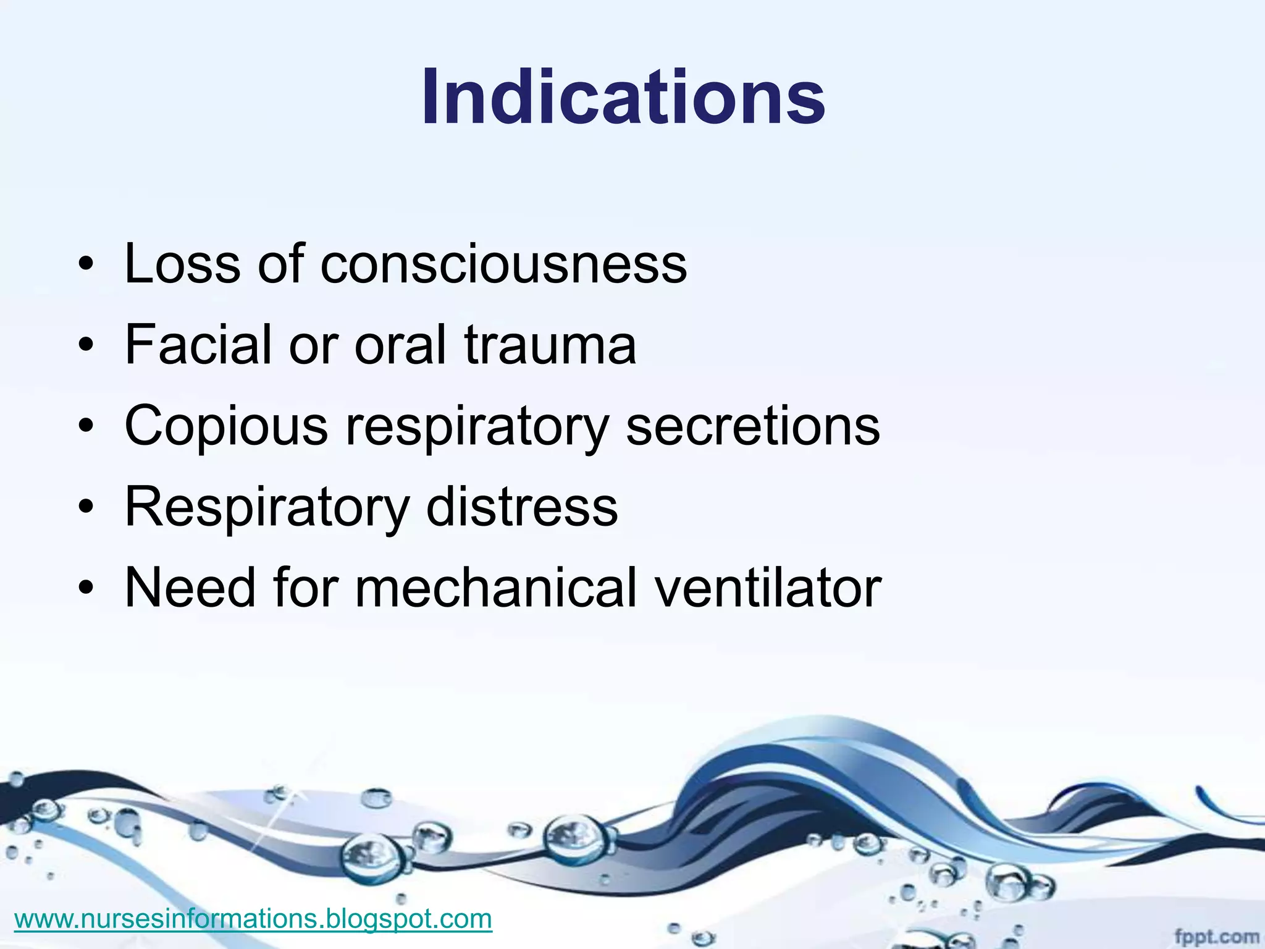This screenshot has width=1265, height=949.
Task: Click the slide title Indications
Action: (x=623, y=98)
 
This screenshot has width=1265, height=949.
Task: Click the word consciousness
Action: (x=503, y=264)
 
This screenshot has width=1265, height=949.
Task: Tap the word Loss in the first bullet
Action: (x=182, y=264)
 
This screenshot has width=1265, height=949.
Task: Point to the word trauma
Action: (x=550, y=345)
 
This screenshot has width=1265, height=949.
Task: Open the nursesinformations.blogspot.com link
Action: (x=253, y=919)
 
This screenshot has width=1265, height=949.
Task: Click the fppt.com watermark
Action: (x=1216, y=937)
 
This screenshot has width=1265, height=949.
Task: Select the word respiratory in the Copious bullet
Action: (x=477, y=428)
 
